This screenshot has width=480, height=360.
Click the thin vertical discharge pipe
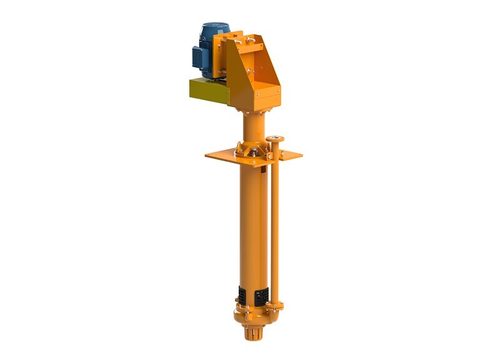[x=274, y=225]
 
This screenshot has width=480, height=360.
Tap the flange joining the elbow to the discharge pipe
[x=274, y=305]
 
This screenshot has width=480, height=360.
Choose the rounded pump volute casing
[x=250, y=312]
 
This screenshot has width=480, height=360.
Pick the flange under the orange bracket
[x=253, y=111]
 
